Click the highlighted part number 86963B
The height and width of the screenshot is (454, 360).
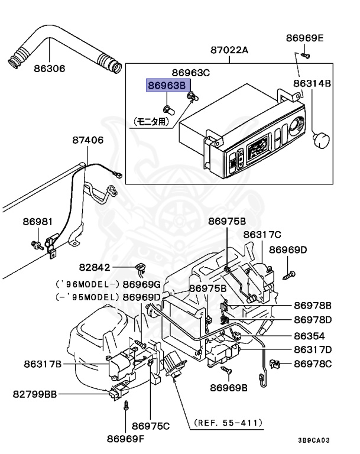coord(167,85)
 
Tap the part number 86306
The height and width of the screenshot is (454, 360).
coord(50,69)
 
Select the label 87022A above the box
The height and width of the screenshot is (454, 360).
coord(229,50)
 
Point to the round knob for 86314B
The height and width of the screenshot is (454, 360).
coord(321,140)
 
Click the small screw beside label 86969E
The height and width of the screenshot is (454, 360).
coord(305,55)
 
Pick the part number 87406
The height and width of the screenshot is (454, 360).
coord(87,141)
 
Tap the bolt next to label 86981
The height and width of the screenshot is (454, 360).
coord(37,245)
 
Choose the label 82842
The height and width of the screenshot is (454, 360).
coord(95,267)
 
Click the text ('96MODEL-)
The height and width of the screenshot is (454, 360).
coord(87,284)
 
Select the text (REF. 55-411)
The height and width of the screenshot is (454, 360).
coord(229,423)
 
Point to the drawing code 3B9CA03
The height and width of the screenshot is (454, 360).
coord(314,440)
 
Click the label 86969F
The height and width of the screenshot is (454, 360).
coord(125,439)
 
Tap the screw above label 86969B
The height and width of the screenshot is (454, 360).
coord(226,369)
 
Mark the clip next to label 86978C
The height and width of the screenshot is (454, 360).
coord(274,364)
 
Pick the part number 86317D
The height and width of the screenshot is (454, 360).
coord(313,349)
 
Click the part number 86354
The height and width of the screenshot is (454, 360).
coord(309,336)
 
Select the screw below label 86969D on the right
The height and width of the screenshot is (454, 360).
coord(288,275)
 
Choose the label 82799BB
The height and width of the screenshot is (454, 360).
coord(35,394)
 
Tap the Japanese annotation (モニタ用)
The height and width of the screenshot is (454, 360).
coord(151,122)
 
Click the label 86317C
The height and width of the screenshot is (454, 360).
coord(262,235)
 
